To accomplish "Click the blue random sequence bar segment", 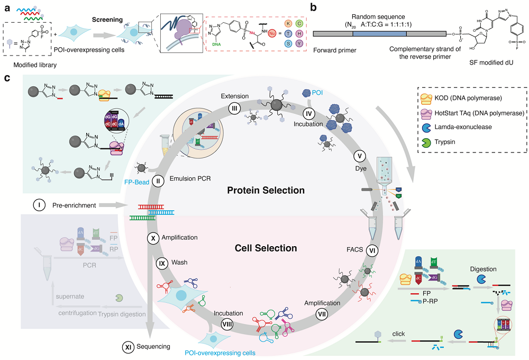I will click(379, 33).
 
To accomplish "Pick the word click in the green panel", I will click(398, 334).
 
